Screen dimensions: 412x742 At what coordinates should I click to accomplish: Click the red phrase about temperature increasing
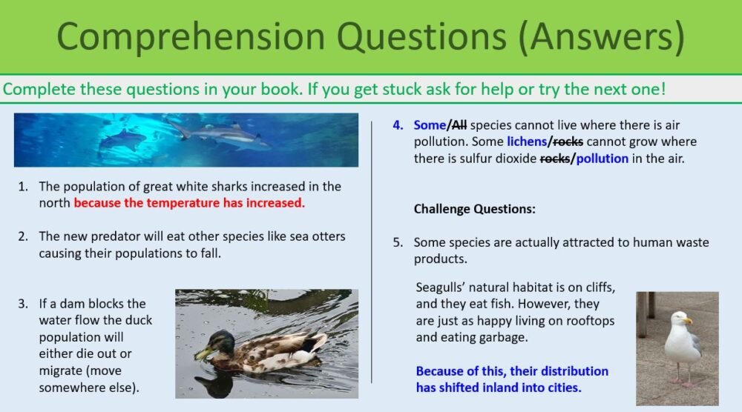pyautogui.click(x=189, y=202)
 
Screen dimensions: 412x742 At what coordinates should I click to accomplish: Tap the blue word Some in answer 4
pyautogui.click(x=429, y=125)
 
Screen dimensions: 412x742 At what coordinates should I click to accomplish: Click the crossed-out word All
pyautogui.click(x=458, y=125)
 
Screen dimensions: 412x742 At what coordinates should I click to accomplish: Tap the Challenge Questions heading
pyautogui.click(x=474, y=209)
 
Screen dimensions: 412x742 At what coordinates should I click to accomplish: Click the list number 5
pyautogui.click(x=397, y=242)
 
